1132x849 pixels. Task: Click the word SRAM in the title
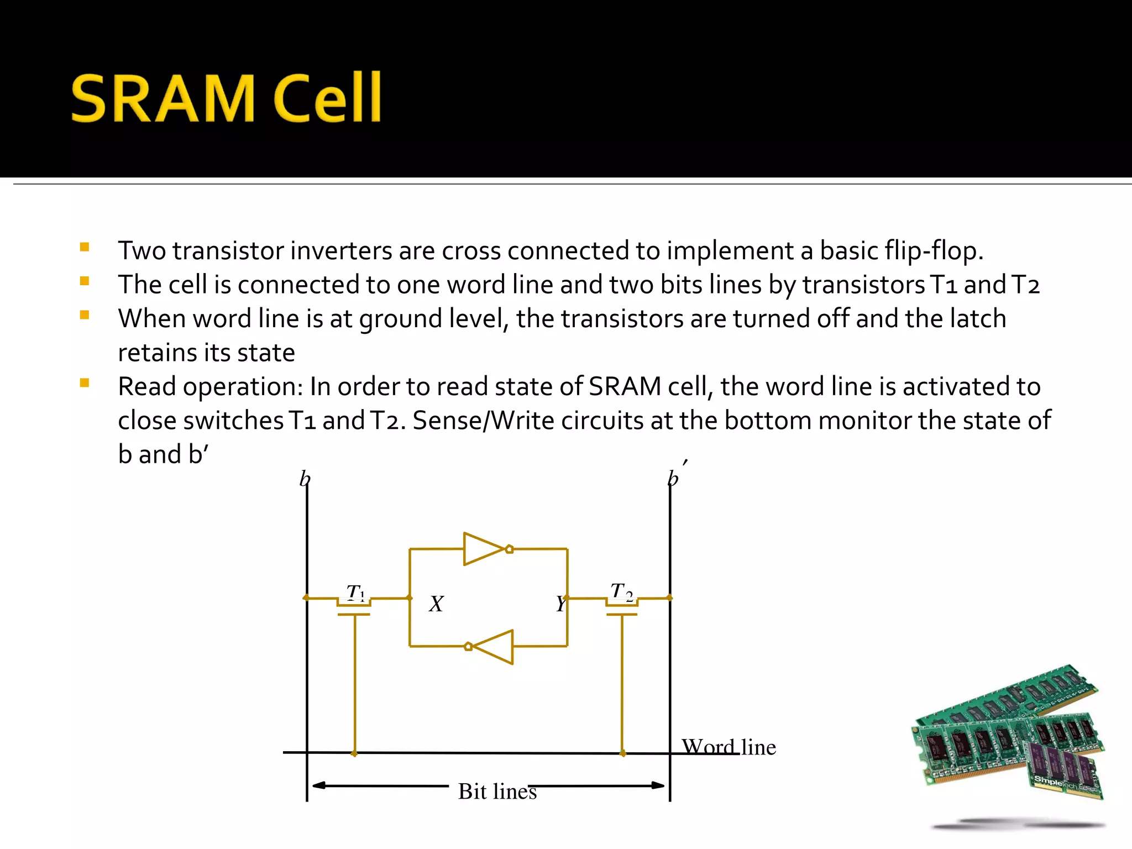tap(163, 98)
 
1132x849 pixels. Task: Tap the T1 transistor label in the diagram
tap(355, 593)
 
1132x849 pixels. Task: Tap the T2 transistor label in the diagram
tap(621, 591)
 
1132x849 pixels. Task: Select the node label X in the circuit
tap(436, 604)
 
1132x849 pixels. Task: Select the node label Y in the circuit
tap(560, 604)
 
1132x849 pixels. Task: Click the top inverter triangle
tap(482, 549)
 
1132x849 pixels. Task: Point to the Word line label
tap(729, 747)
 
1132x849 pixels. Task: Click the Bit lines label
tap(497, 791)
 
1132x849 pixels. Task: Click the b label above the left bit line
tap(305, 479)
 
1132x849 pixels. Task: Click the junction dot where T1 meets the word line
tap(354, 753)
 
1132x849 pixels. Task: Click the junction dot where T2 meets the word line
tap(622, 753)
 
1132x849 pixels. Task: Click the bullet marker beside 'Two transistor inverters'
tap(85, 247)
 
